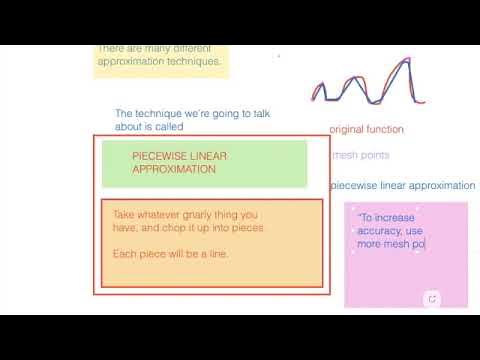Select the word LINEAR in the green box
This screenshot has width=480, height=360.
[x=212, y=156]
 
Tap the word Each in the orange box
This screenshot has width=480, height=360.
[x=124, y=252]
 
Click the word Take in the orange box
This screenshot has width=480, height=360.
[x=123, y=214]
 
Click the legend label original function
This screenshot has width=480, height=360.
[x=366, y=129]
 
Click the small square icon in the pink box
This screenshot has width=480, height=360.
[x=432, y=298]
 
